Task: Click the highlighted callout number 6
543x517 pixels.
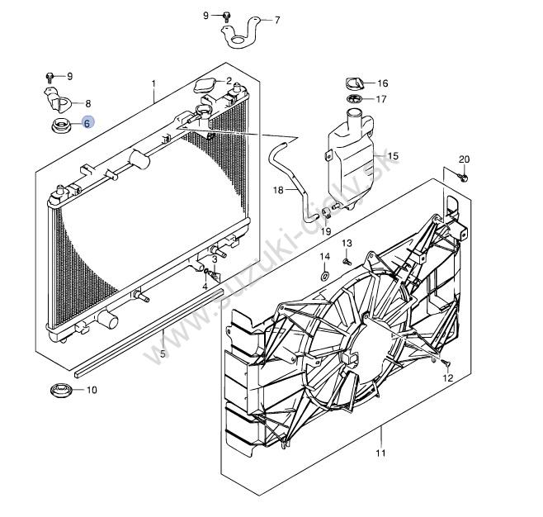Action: pyautogui.click(x=87, y=123)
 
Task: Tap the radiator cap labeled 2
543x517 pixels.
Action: pyautogui.click(x=205, y=86)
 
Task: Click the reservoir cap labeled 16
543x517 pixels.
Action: pyautogui.click(x=354, y=84)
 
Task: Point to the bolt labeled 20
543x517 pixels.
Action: pyautogui.click(x=464, y=178)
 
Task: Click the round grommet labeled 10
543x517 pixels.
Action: pyautogui.click(x=61, y=391)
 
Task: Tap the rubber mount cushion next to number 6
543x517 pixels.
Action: pyautogui.click(x=62, y=126)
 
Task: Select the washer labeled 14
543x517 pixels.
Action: pyautogui.click(x=325, y=276)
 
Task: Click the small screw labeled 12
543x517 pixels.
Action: pyautogui.click(x=446, y=363)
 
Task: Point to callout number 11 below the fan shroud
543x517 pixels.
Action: pyautogui.click(x=380, y=453)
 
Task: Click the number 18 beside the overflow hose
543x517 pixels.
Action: pyautogui.click(x=278, y=190)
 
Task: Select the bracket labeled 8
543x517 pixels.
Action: pyautogui.click(x=58, y=100)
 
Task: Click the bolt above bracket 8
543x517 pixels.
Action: pyautogui.click(x=50, y=78)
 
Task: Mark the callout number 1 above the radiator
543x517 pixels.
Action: pyautogui.click(x=153, y=83)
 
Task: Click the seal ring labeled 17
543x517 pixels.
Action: pyautogui.click(x=354, y=99)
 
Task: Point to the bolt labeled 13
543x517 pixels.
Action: pyautogui.click(x=347, y=261)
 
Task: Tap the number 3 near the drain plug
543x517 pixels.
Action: pyautogui.click(x=215, y=258)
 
